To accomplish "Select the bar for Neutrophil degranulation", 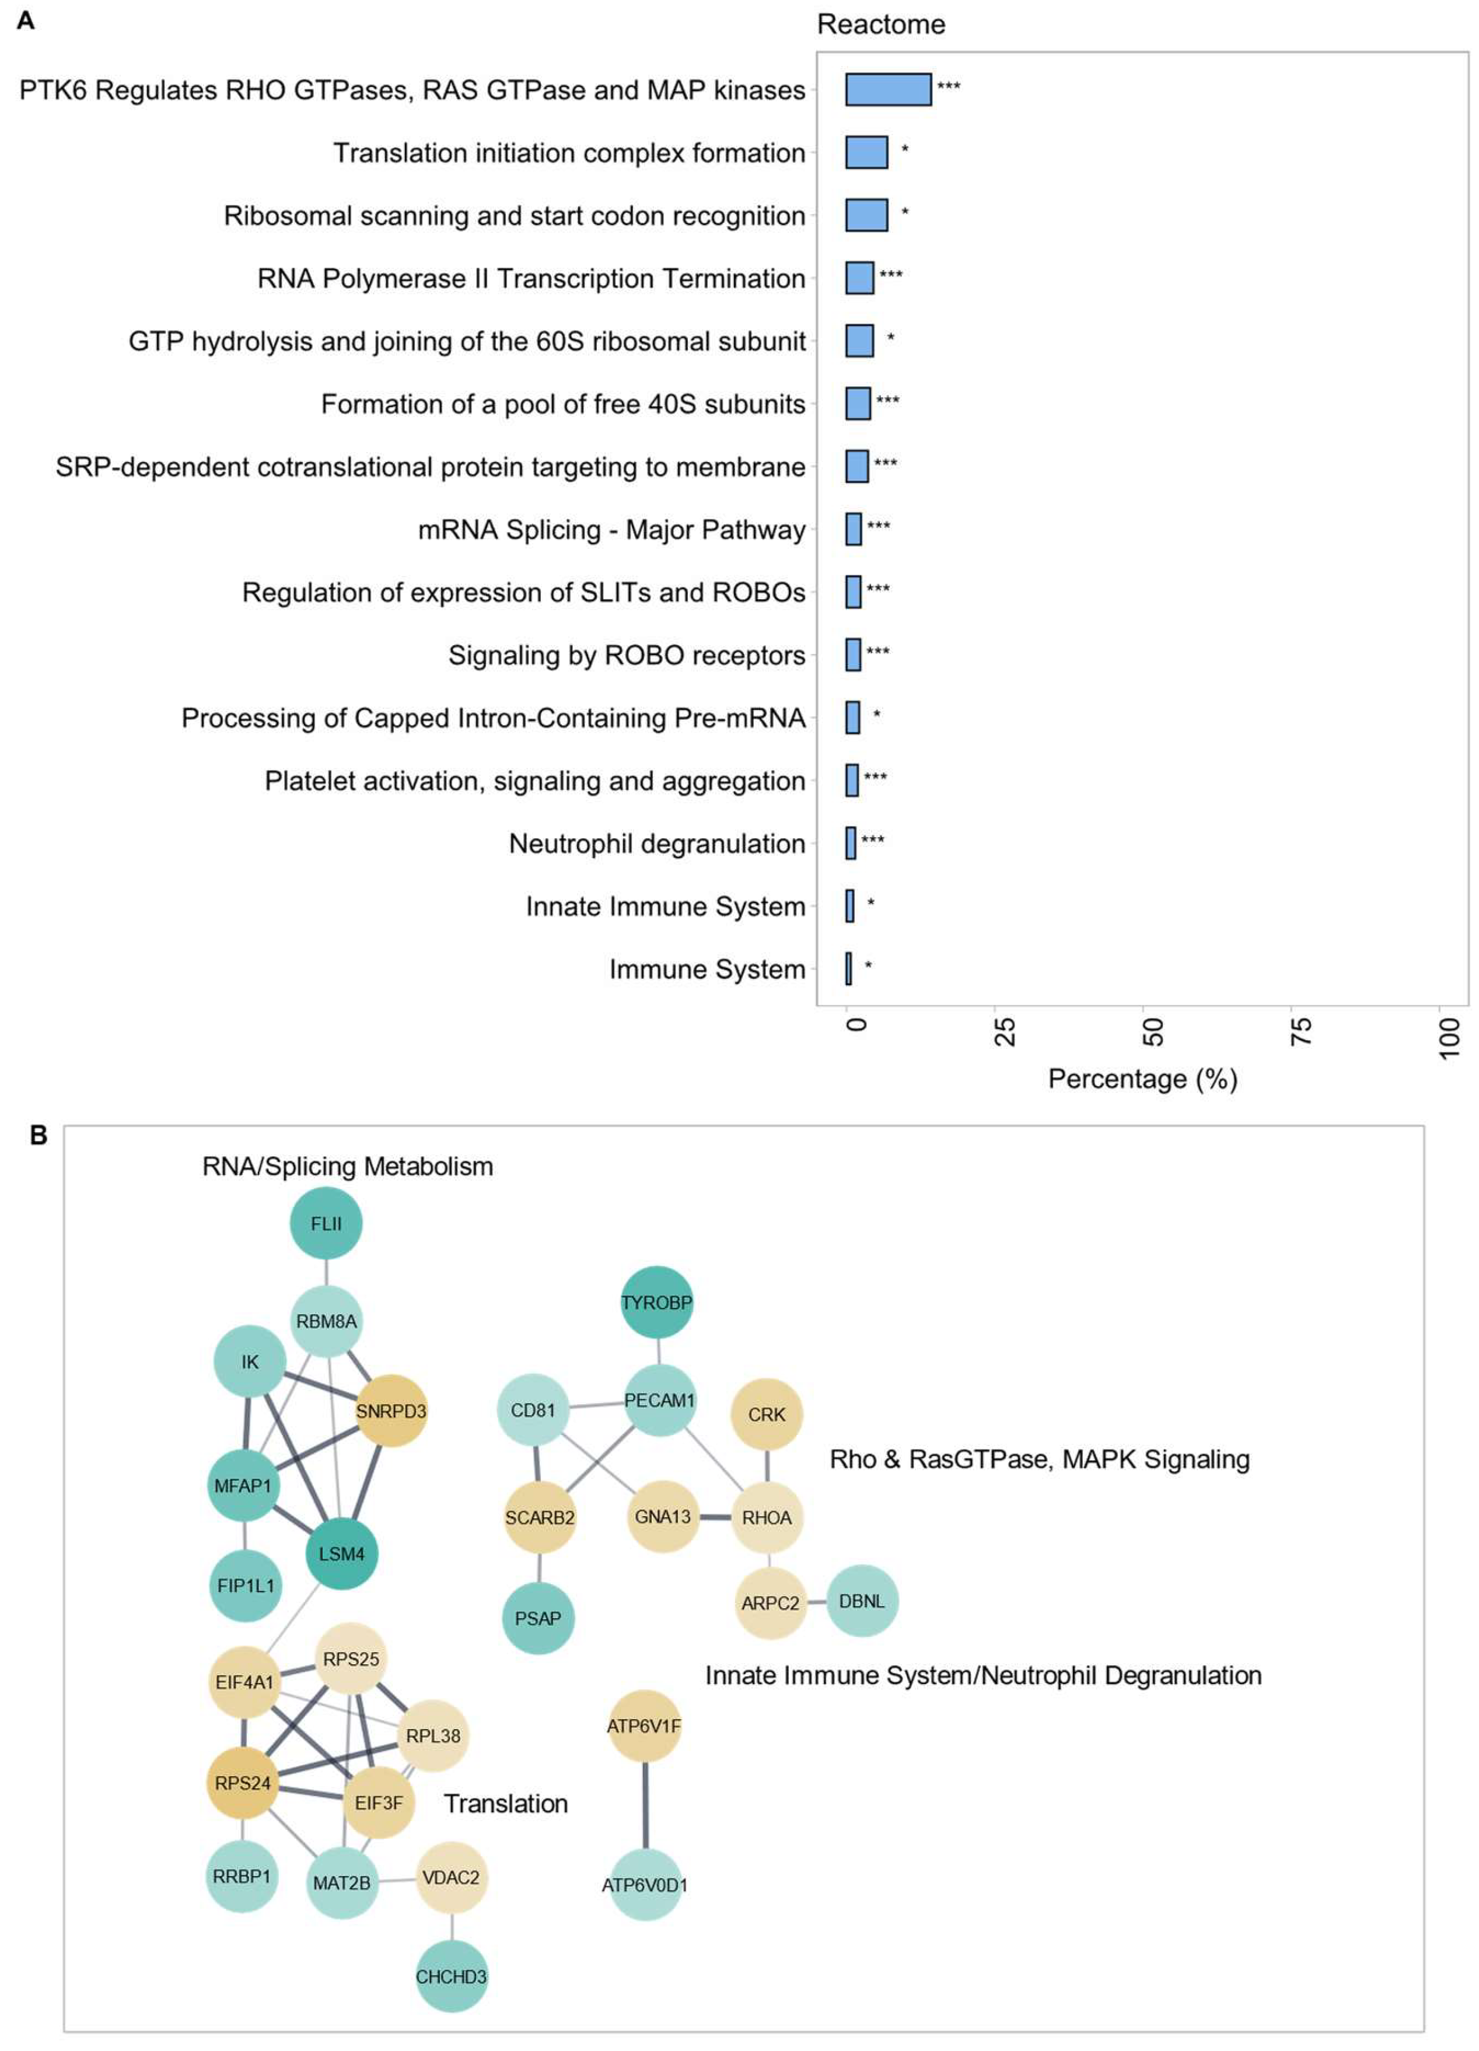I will click(850, 843).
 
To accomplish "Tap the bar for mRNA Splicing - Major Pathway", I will click(853, 529).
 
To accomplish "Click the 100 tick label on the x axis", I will click(1448, 1037).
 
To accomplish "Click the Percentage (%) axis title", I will click(1142, 1079).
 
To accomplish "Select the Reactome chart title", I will click(880, 24).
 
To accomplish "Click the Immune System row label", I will click(707, 970).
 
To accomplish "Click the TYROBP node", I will click(657, 1302).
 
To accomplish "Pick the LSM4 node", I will click(341, 1553).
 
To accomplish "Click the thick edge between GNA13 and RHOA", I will click(715, 1517).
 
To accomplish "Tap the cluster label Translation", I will click(506, 1803).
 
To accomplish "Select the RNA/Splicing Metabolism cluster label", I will click(347, 1167).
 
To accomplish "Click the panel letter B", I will click(38, 1135).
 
